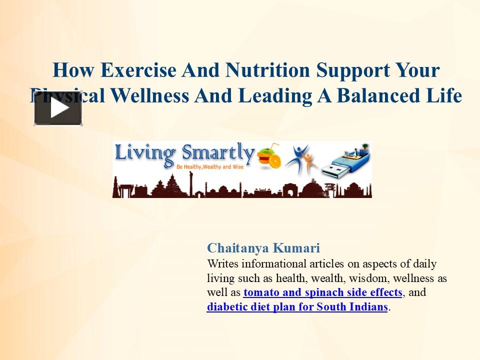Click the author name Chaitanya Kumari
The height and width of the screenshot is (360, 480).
tap(263, 248)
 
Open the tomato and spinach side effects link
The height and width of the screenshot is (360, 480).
tap(322, 292)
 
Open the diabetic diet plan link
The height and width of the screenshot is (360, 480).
tap(297, 307)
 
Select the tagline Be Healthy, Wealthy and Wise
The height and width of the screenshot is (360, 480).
tap(209, 165)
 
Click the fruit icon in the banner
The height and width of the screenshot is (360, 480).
tap(268, 156)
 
